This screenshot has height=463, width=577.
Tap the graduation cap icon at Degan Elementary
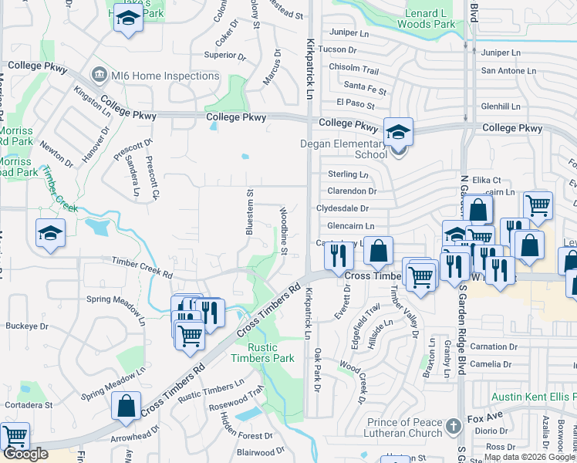click(398, 132)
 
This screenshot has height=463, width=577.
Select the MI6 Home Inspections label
click(154, 76)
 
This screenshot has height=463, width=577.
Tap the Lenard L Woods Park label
click(426, 19)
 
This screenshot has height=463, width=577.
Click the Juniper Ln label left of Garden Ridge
click(349, 32)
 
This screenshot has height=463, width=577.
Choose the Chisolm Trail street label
click(354, 68)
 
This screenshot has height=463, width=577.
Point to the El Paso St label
click(355, 103)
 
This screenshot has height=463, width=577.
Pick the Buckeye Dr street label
click(27, 326)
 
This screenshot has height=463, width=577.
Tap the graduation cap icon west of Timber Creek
click(50, 232)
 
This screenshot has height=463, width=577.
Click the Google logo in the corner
click(25, 454)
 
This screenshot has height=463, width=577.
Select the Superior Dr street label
click(224, 55)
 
